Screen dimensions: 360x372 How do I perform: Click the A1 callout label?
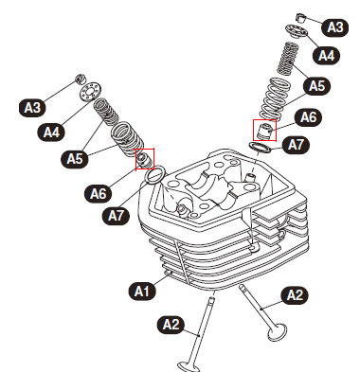[x=142, y=291]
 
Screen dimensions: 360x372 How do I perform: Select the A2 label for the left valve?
[x=171, y=325]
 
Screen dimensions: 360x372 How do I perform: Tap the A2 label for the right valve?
[x=295, y=295]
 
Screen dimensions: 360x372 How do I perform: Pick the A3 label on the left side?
[x=32, y=108]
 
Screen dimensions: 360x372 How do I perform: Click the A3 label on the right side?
[x=335, y=27]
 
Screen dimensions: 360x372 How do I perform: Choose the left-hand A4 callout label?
[x=51, y=132]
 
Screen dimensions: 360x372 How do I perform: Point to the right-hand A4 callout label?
[x=326, y=56]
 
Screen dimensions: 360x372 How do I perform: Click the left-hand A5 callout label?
[x=75, y=158]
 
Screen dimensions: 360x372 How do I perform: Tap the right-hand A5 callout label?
[x=316, y=85]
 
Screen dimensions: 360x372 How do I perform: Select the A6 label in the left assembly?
[x=99, y=193]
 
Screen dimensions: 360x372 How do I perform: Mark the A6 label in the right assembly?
[x=308, y=117]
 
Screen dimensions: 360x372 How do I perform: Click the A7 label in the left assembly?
[x=117, y=216]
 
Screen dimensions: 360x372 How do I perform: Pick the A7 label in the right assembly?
[x=296, y=145]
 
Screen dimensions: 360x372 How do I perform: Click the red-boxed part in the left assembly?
[x=144, y=159]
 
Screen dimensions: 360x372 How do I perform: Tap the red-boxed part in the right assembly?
[x=264, y=131]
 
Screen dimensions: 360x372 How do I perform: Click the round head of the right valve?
[x=277, y=333]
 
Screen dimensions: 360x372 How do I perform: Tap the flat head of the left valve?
[x=189, y=367]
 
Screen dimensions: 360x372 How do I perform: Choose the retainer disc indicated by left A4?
[x=91, y=91]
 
